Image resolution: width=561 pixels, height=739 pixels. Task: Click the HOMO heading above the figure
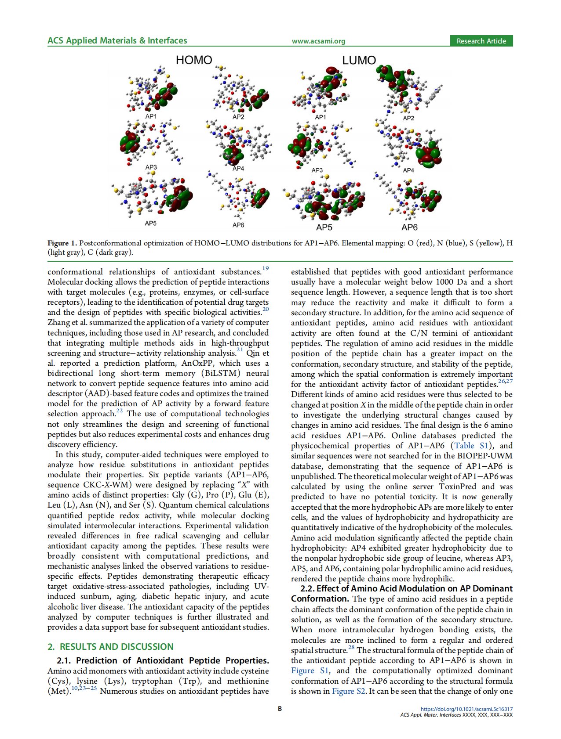[x=194, y=60]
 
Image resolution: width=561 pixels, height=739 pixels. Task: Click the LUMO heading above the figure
[x=359, y=60]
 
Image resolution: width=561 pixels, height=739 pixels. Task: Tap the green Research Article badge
[x=481, y=41]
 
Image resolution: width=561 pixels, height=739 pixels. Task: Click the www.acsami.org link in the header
[x=318, y=41]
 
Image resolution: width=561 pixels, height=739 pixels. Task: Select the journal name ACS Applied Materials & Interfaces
[x=117, y=41]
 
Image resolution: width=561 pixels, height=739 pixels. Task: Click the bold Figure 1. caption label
[x=62, y=243]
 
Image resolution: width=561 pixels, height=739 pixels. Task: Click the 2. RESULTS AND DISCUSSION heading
[x=110, y=646]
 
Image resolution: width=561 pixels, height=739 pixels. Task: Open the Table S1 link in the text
[x=470, y=446]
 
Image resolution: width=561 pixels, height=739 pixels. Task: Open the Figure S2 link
[x=349, y=691]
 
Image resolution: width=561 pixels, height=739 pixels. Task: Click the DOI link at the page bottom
[x=466, y=709]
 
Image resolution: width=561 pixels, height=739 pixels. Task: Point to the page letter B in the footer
[x=280, y=709]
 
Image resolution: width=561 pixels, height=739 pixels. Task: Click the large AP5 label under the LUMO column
[x=324, y=227]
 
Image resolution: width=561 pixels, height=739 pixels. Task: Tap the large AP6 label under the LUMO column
[x=409, y=227]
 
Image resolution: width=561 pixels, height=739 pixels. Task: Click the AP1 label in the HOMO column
[x=151, y=116]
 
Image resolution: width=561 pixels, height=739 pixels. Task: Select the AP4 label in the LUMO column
[x=408, y=170]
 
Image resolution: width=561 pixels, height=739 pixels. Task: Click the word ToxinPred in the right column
[x=460, y=487]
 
